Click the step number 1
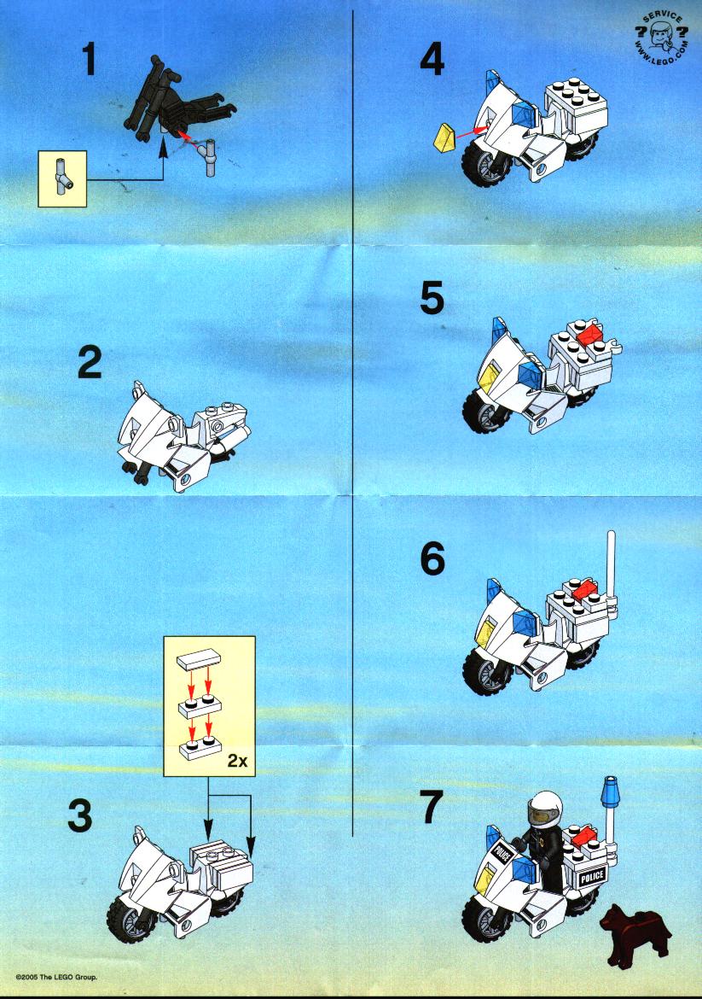coord(90,61)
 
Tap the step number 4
coord(432,61)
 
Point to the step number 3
coord(79,816)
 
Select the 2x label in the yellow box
coord(237,760)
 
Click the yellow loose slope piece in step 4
coord(447,139)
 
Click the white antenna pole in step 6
coord(612,567)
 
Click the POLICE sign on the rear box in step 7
coord(591,877)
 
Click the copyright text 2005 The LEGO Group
coord(56,977)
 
